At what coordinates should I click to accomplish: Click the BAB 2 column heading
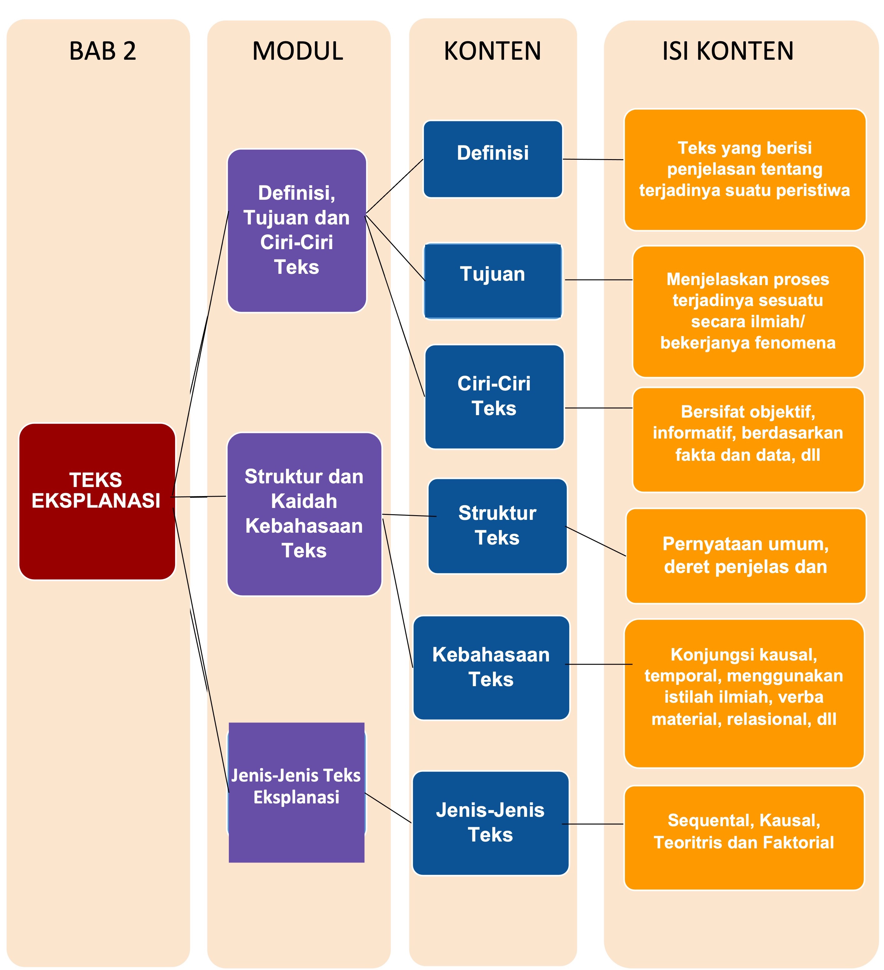point(103,51)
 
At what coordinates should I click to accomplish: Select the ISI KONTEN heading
point(728,51)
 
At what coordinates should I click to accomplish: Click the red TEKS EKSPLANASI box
point(97,501)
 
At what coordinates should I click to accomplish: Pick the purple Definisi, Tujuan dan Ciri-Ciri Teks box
point(296,230)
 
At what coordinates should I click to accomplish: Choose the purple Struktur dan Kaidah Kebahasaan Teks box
point(304,514)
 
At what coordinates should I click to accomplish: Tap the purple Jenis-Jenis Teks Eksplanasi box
point(296,792)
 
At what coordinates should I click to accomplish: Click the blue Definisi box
point(492,159)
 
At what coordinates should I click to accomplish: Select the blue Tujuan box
point(492,280)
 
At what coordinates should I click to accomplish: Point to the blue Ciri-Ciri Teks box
point(494,396)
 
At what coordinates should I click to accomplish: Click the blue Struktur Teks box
point(497,525)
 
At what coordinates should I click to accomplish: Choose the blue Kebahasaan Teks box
point(491,667)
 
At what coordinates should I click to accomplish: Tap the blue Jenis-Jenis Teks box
point(490,823)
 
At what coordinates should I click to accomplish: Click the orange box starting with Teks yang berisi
point(745,169)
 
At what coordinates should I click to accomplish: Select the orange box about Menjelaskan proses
point(748,311)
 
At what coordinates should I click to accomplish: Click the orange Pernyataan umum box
point(746,556)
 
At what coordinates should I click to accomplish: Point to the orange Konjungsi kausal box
point(743,693)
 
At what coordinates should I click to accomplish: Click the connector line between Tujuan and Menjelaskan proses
point(598,279)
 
